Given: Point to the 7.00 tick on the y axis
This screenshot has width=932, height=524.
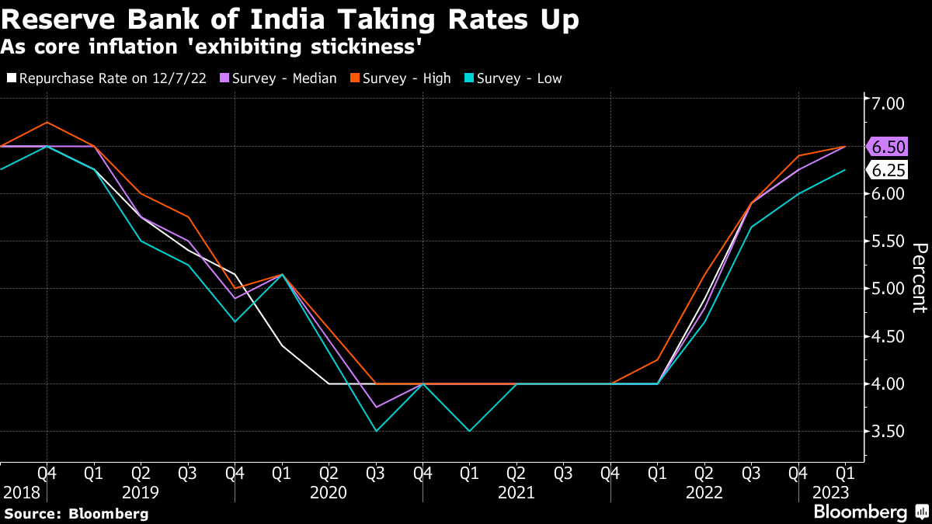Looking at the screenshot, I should point(889,103).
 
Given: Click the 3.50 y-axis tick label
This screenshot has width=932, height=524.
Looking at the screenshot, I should point(889,432).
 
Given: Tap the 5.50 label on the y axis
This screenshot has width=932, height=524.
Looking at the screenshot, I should point(889,241).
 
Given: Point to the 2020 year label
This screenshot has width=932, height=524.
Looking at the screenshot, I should point(329,493).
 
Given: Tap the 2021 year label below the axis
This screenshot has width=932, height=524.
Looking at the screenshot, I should point(516,493).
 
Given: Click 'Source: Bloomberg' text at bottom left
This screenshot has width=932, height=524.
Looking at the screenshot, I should point(75,513).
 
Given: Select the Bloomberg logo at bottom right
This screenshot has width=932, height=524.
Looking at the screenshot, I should point(870,512).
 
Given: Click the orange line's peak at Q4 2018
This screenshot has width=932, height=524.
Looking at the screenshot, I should point(47,123).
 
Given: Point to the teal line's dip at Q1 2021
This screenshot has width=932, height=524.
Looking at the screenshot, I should point(469,431).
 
